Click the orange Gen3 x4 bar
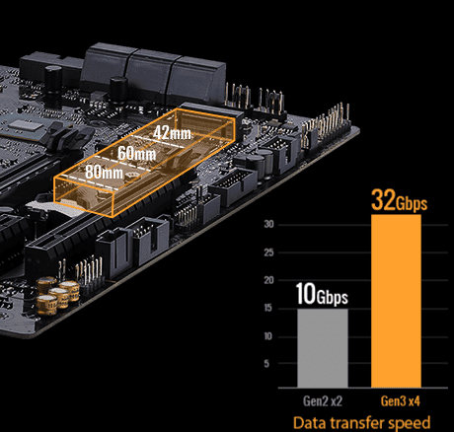[396, 301]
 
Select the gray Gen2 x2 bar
[323, 348]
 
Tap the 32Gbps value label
[399, 200]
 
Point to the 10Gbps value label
[322, 294]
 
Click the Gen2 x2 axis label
[323, 401]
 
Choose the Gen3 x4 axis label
[400, 401]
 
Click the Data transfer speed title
[361, 422]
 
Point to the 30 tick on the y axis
[268, 224]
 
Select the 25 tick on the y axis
[268, 252]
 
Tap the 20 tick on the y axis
[268, 280]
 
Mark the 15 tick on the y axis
[268, 308]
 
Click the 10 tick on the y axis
[268, 336]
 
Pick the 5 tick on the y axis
[266, 364]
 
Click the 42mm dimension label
[172, 133]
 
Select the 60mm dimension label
[136, 153]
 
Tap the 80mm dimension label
[104, 172]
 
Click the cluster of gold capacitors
[57, 295]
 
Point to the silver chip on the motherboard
[23, 124]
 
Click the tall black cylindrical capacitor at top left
[53, 81]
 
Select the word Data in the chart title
[309, 422]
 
